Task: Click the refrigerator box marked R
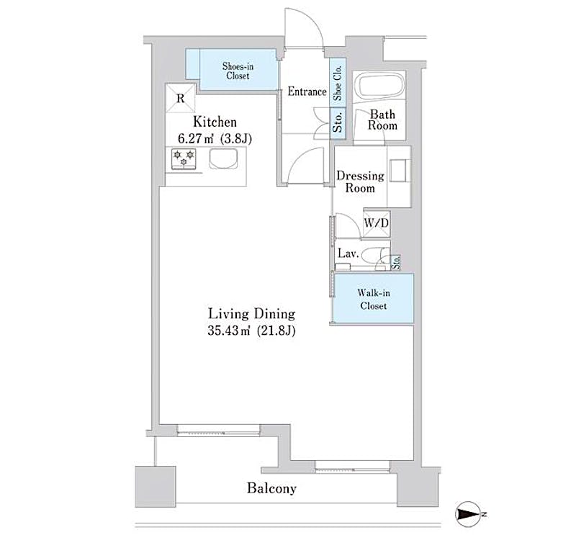(181, 98)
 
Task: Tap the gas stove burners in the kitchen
(184, 158)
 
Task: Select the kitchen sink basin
(224, 158)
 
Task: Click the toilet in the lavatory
(374, 255)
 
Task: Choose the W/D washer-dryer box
(376, 223)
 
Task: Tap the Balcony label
(272, 488)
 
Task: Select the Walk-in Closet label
(374, 299)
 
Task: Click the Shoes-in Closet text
(238, 71)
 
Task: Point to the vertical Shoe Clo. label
(338, 83)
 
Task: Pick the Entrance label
(307, 91)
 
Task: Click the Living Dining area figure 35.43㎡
(229, 331)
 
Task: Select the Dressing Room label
(360, 182)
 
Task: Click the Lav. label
(348, 253)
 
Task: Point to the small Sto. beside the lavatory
(396, 262)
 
